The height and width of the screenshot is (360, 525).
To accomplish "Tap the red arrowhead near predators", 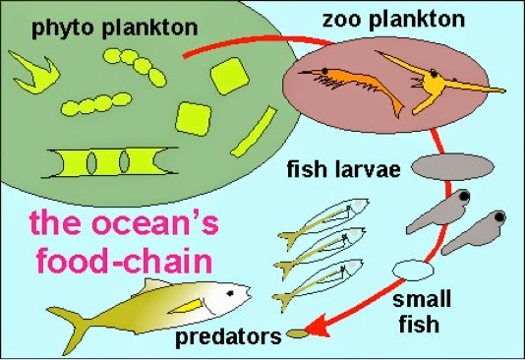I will (x=313, y=330).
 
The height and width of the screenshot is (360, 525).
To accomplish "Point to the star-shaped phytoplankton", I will (x=34, y=68).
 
